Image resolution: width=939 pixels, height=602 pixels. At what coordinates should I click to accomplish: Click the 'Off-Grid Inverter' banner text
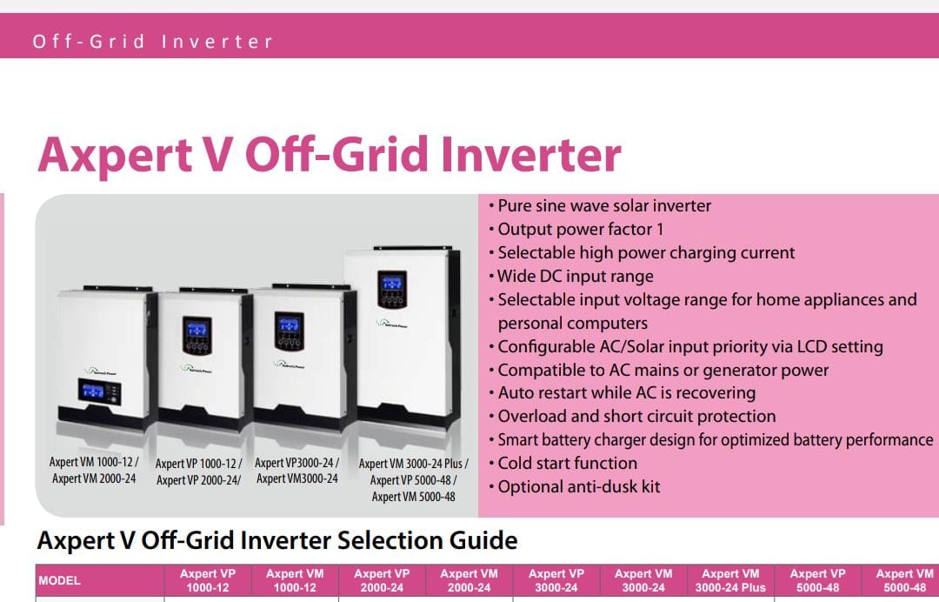[153, 42]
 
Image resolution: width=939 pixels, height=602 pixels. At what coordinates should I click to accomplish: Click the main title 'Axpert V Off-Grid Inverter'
[330, 155]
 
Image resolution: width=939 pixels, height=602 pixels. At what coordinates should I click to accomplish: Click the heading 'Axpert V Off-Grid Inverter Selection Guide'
[276, 540]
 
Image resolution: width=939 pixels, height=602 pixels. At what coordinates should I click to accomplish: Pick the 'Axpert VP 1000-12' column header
[208, 580]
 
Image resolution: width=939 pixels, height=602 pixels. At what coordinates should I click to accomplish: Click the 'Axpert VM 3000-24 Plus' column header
[730, 580]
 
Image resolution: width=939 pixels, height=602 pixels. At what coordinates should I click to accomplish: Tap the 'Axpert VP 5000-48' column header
[817, 580]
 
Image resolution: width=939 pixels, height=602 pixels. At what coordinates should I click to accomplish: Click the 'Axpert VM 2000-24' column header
[469, 580]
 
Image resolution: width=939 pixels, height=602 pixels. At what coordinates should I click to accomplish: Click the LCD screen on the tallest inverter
[391, 282]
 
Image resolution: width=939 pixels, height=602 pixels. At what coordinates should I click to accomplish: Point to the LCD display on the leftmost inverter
[93, 391]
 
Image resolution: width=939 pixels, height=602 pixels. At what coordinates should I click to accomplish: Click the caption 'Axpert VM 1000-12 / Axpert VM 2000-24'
[94, 471]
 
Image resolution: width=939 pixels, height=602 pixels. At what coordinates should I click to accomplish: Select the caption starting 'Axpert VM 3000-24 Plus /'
[413, 480]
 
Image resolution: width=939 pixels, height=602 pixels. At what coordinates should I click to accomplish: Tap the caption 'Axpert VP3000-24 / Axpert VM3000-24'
[297, 471]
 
